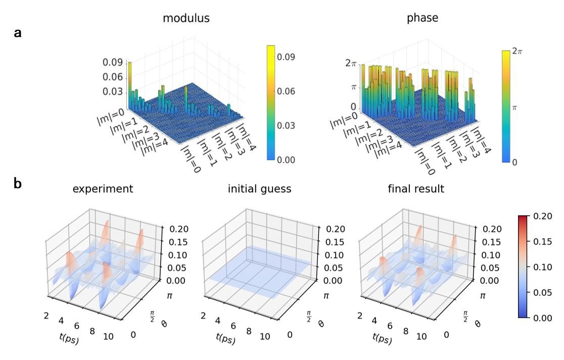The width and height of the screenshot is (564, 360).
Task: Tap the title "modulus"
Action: [186, 18]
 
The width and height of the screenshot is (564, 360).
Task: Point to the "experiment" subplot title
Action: [103, 189]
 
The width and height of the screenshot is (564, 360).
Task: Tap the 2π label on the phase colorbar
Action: [516, 51]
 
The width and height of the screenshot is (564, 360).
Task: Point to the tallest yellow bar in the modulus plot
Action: [130, 81]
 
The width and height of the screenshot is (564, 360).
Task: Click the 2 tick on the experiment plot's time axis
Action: [47, 302]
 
